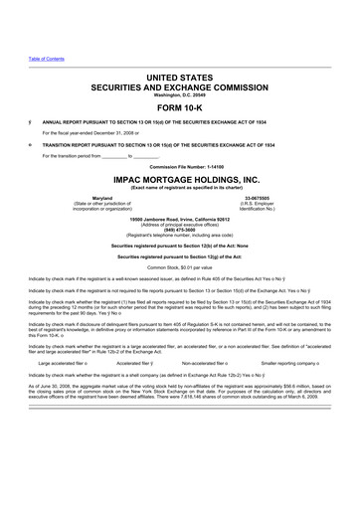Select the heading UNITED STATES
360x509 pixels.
180,77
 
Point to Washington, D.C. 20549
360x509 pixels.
179,95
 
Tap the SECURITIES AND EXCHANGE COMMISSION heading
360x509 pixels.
180,86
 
